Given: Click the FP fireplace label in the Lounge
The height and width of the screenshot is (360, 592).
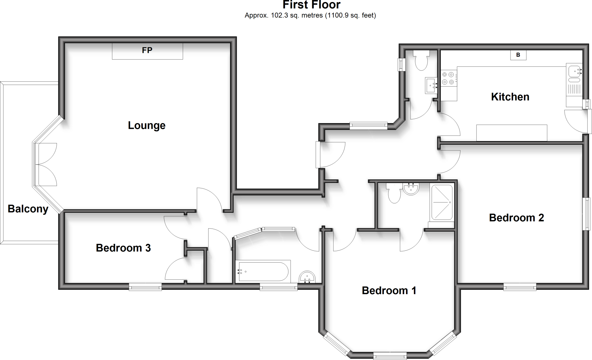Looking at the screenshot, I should coord(147,50).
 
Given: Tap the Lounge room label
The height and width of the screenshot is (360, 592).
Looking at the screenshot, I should coord(147,125).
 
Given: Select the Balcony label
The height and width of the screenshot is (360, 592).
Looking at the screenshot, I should coord(28,209).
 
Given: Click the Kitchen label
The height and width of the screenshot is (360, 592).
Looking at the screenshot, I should coord(510,97).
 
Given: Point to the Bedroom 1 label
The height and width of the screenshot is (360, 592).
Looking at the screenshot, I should coord(389,290).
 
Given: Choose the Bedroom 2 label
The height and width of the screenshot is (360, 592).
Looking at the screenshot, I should coord(516,218).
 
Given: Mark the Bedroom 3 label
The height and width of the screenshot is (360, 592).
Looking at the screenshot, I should coord(123,248).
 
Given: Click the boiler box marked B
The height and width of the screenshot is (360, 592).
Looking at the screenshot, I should coord(518,55).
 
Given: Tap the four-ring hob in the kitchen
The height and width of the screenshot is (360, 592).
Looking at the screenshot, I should coord(448,78).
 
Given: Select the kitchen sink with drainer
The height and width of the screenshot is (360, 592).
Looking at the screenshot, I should coord(574,79).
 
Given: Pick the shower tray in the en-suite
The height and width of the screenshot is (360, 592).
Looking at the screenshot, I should coord(442,202).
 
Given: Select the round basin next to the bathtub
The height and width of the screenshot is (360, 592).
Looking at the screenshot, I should coord(307,277).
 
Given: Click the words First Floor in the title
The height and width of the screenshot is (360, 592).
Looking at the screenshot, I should coord(311,5).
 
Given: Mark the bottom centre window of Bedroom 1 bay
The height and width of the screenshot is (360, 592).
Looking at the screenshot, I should coord(390,356).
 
